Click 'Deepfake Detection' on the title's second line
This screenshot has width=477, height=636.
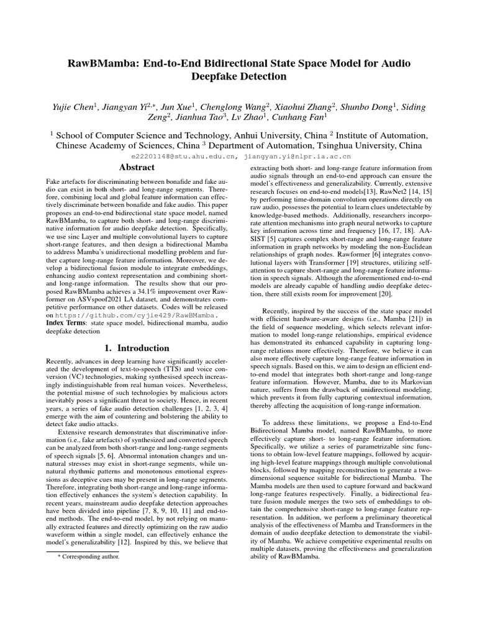click(x=238, y=77)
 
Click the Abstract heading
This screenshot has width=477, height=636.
click(x=135, y=167)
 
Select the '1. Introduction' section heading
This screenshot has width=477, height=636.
click(x=135, y=348)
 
